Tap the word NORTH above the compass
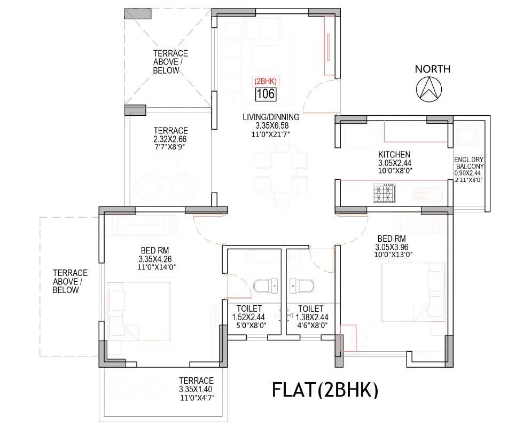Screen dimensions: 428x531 [x=432, y=69]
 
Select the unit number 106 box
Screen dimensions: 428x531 [x=265, y=94]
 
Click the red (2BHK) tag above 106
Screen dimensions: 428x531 [x=265, y=81]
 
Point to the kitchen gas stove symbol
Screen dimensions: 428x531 [x=384, y=193]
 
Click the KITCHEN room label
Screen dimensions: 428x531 [x=394, y=155]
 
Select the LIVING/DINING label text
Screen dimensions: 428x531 [x=271, y=117]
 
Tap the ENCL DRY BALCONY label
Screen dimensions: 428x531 [x=468, y=163]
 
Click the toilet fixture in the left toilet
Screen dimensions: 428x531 [x=265, y=287]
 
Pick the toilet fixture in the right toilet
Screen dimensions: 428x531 [x=301, y=287]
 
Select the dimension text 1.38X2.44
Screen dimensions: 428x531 [x=310, y=317]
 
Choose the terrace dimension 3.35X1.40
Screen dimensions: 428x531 [x=196, y=389]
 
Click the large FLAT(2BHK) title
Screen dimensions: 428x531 [x=325, y=390]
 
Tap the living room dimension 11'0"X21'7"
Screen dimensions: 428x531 [x=271, y=134]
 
